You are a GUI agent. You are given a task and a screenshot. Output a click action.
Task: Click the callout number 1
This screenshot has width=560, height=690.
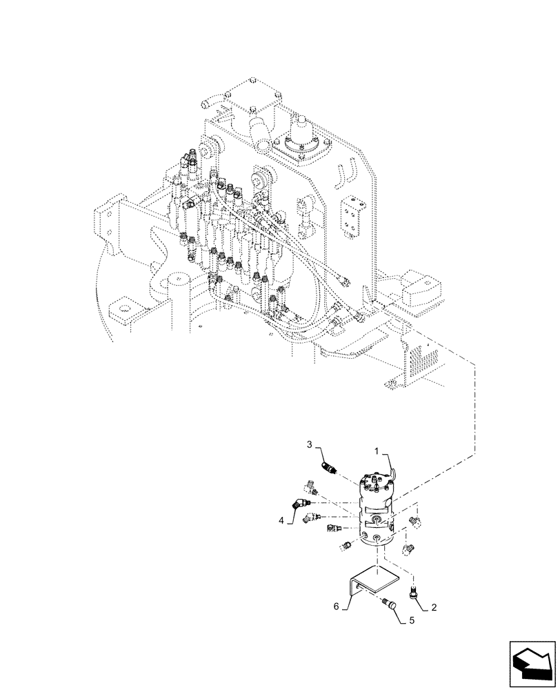378,450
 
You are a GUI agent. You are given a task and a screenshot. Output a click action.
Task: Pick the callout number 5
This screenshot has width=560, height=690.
411,620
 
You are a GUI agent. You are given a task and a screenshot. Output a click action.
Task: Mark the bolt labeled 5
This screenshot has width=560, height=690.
391,605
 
